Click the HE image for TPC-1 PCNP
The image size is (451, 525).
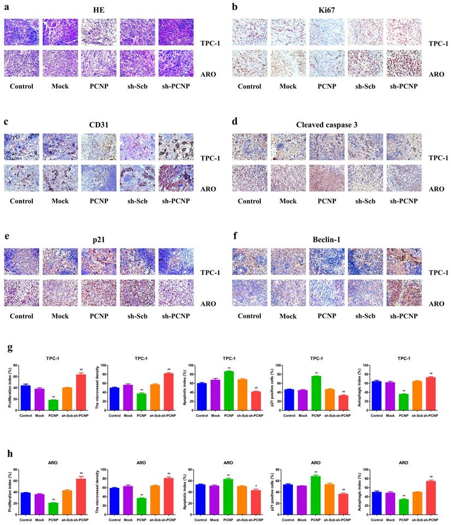click(98, 32)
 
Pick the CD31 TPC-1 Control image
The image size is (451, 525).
click(21, 148)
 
